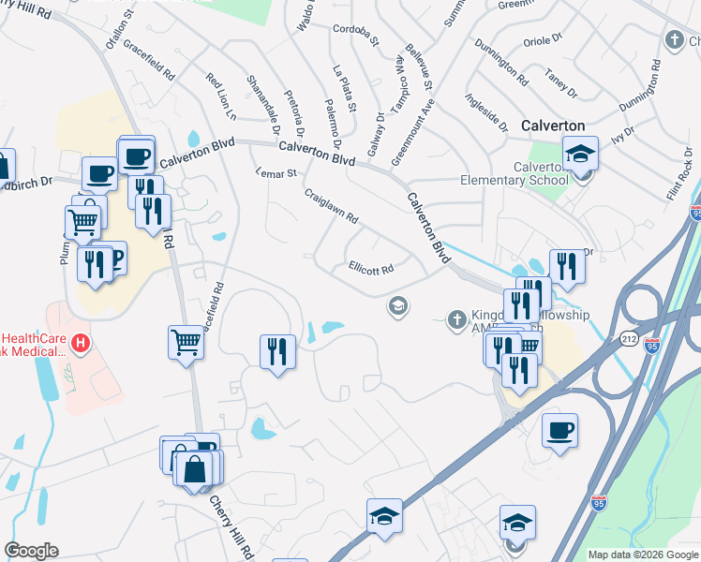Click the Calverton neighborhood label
552,126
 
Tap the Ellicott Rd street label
370,268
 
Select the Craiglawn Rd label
331,205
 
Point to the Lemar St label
276,173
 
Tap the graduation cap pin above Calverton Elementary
580,153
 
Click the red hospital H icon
82,344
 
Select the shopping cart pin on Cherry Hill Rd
186,343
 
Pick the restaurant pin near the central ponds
276,351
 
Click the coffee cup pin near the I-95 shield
559,430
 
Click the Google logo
31,551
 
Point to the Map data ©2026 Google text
643,555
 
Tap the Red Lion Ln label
221,96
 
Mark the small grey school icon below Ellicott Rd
398,306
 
